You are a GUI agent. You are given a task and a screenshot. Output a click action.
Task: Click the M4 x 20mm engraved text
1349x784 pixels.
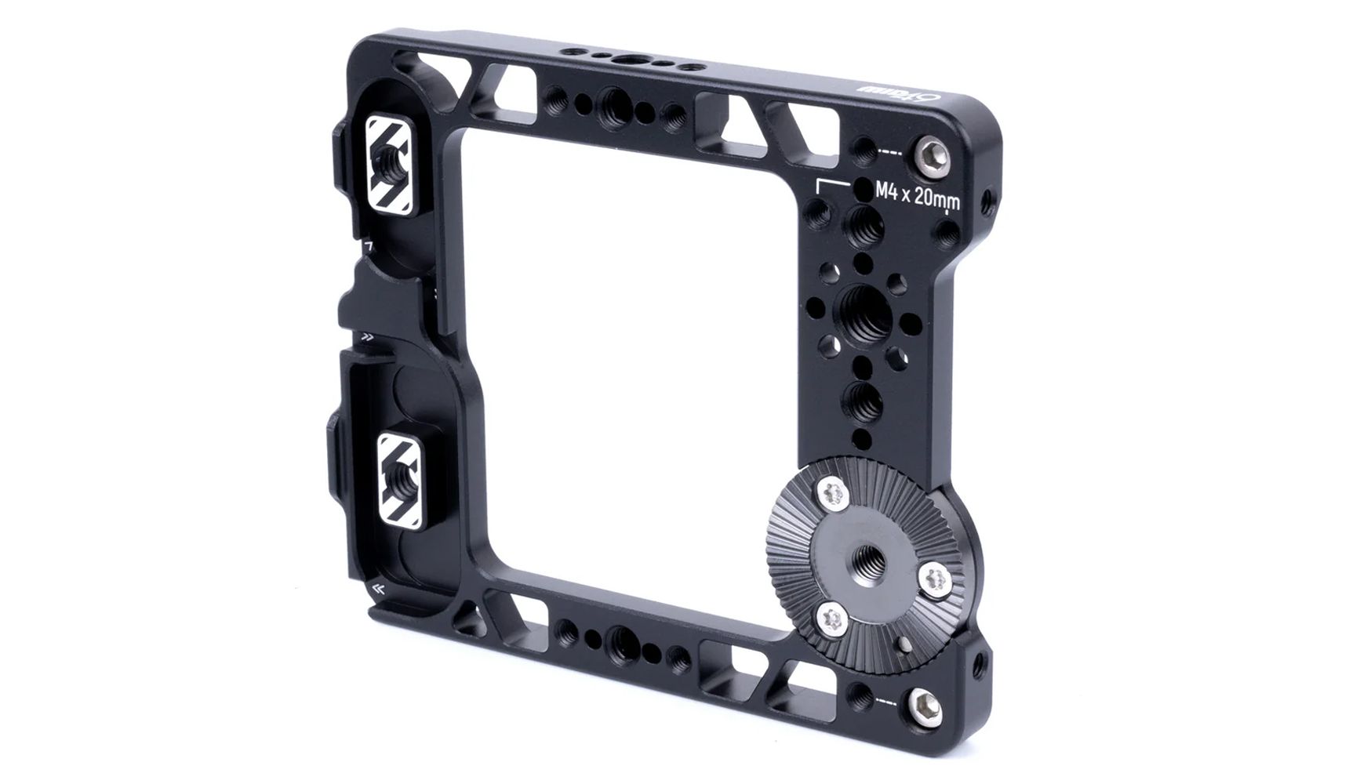[x=916, y=194]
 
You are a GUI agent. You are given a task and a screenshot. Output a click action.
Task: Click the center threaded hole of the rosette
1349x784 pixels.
[x=872, y=554]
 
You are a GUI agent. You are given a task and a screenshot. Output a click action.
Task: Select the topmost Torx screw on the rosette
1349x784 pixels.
[x=833, y=494]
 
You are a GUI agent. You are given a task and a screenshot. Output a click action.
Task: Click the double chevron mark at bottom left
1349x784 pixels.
[x=380, y=590]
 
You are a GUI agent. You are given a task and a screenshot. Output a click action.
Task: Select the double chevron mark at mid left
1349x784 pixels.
[x=367, y=338]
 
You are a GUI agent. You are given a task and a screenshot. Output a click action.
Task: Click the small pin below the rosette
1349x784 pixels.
[x=906, y=644]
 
